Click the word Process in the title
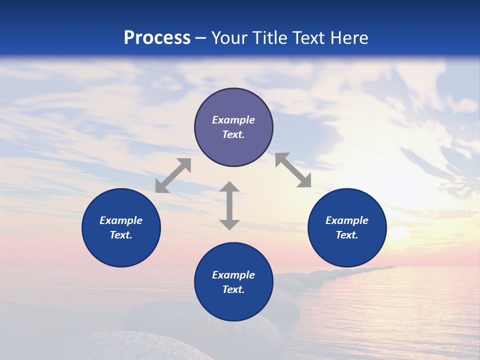[157, 38]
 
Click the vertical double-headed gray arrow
[229, 205]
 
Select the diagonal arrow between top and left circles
[173, 175]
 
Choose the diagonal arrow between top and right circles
[293, 170]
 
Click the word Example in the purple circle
[233, 120]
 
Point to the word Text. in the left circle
[121, 235]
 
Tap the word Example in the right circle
[347, 220]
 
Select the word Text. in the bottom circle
[233, 289]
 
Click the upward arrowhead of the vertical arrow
[229, 187]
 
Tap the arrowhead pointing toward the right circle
[304, 181]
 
